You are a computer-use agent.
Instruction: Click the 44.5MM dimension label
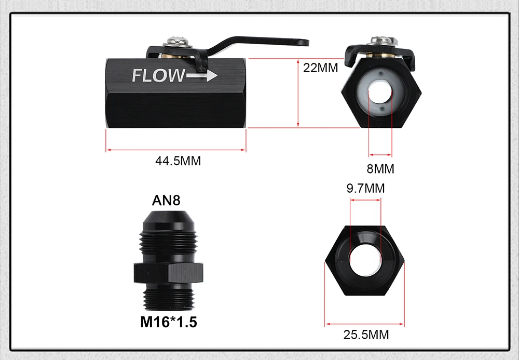177,161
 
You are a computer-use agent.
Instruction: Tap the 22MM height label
320,68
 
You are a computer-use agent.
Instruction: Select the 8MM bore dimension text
381,169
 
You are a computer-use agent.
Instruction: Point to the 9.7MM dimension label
365,188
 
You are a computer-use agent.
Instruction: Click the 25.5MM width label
366,335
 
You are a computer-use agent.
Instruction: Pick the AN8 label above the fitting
166,201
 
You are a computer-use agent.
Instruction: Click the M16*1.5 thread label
169,322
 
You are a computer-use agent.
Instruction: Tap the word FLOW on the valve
158,76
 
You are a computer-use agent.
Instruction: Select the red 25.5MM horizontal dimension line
365,325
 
